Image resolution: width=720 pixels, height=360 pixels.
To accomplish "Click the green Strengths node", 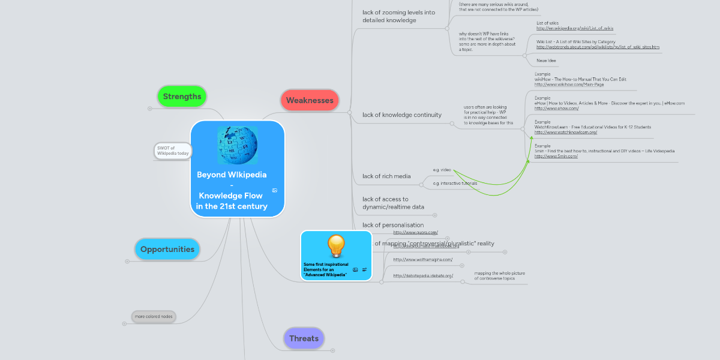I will (x=182, y=96).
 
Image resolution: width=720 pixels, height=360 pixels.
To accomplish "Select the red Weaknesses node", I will (x=310, y=100).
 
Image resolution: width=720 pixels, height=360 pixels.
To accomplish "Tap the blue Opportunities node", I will (x=167, y=249).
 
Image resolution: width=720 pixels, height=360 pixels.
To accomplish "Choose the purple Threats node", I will (x=304, y=338).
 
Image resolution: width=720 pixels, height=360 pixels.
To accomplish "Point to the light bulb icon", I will (x=336, y=247).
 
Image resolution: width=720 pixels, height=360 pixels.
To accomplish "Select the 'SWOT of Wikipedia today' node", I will (x=173, y=151).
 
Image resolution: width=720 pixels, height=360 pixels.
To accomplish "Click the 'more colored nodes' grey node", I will (x=154, y=316).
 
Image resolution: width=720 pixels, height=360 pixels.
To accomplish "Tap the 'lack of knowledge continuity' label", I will (x=402, y=115).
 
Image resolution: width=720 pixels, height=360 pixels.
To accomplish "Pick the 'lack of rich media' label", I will (x=386, y=176).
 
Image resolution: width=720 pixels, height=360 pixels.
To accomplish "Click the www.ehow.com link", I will (x=556, y=109).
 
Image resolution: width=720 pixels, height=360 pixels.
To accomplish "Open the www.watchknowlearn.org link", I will (x=565, y=132).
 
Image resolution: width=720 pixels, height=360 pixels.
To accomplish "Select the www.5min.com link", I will (x=556, y=156).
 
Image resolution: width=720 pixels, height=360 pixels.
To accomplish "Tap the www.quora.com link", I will (x=415, y=232).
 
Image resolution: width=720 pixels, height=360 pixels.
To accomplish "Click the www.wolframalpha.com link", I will (x=422, y=259).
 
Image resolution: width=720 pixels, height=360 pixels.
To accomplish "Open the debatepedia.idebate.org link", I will (x=423, y=275).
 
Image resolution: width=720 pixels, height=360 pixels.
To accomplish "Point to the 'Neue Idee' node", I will (x=546, y=61).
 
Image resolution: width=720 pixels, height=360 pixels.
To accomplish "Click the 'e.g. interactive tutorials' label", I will (x=455, y=183).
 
